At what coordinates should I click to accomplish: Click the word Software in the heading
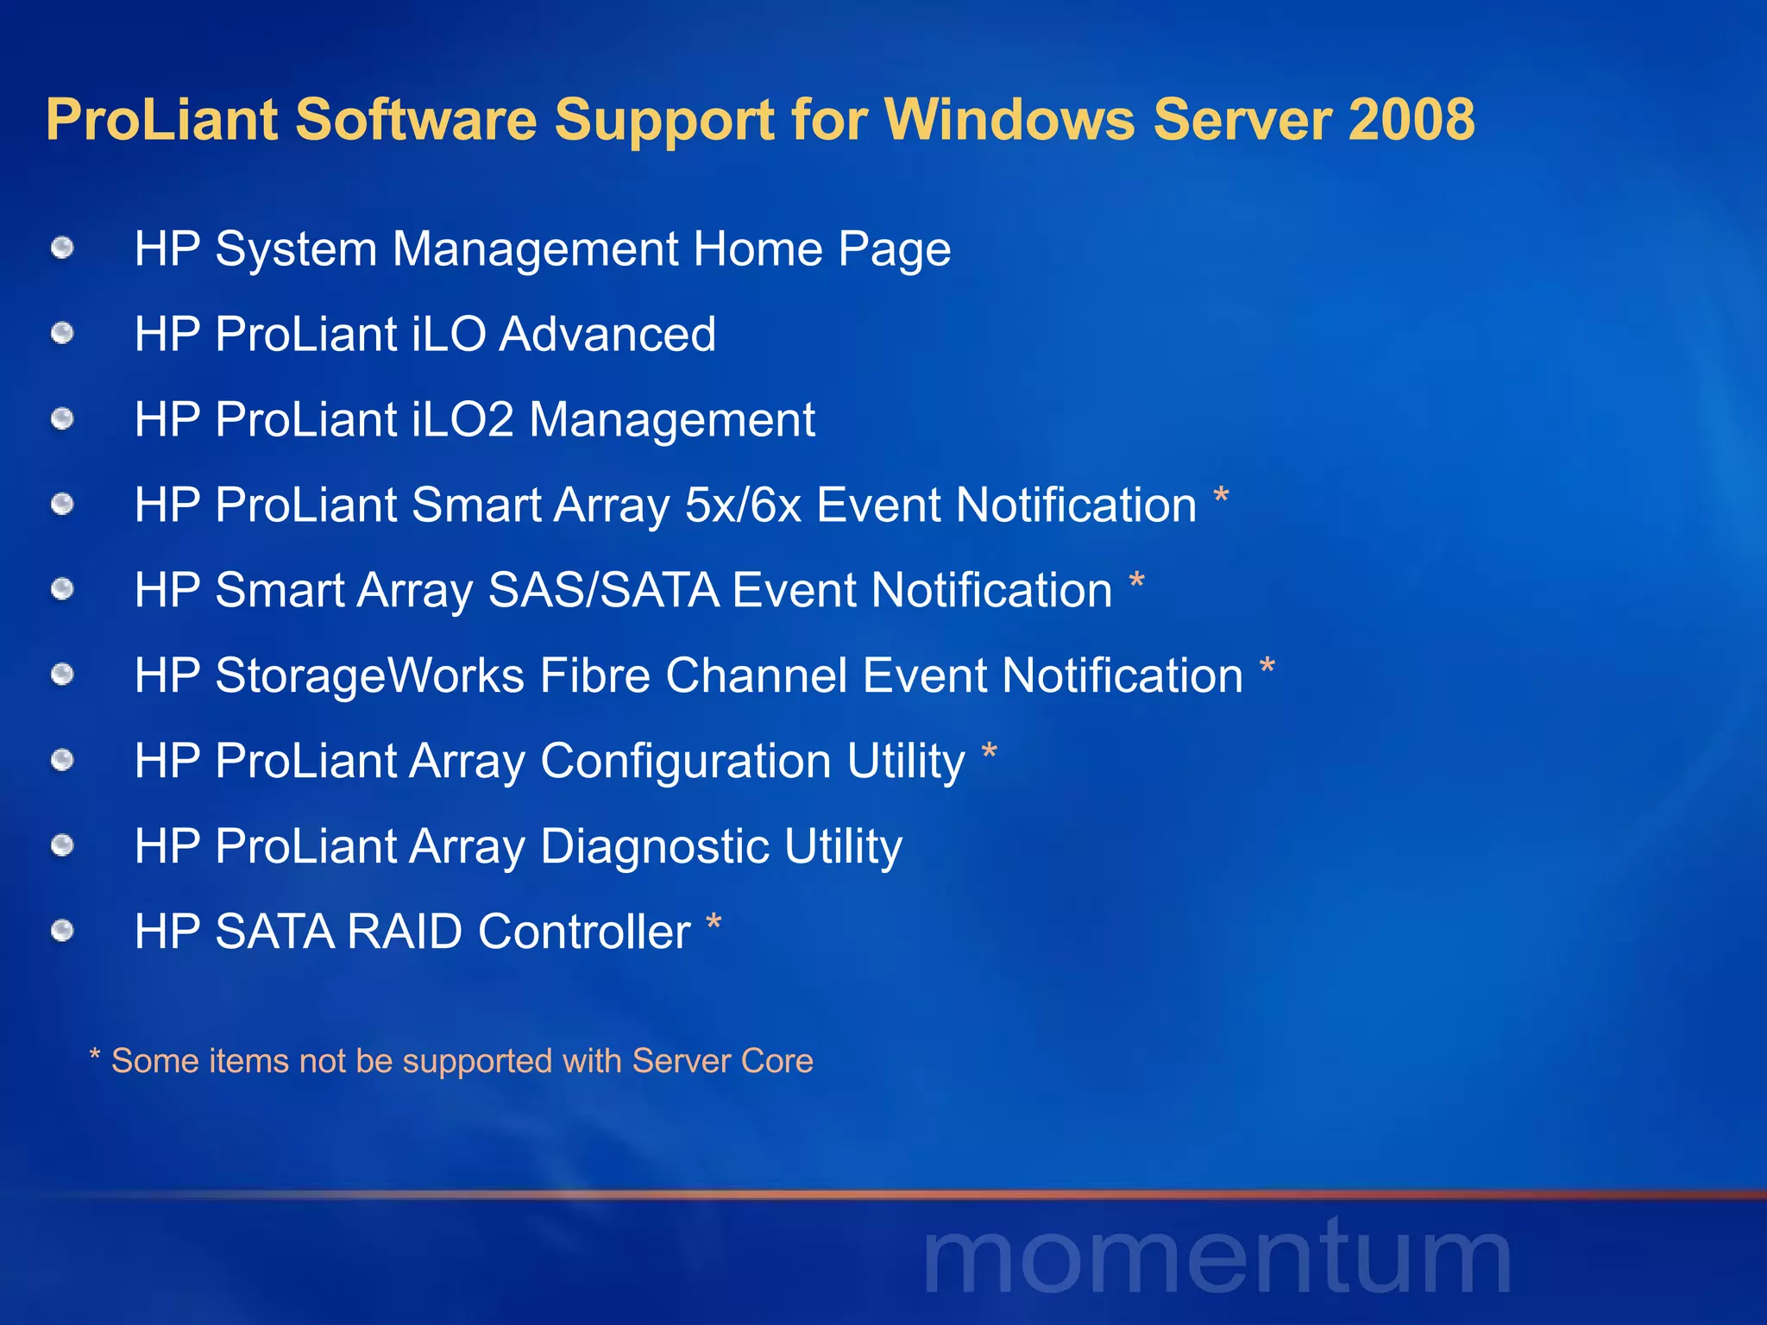[x=416, y=119]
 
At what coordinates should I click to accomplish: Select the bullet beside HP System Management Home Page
[x=62, y=249]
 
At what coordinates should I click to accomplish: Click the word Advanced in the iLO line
[x=607, y=334]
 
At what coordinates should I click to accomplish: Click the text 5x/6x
[x=743, y=505]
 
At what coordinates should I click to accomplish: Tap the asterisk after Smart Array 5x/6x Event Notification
[x=1221, y=498]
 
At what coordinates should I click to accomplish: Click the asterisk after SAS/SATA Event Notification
[x=1137, y=583]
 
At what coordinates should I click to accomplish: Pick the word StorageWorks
[x=369, y=675]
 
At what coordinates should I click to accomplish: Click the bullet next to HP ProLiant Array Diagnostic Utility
[x=62, y=845]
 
